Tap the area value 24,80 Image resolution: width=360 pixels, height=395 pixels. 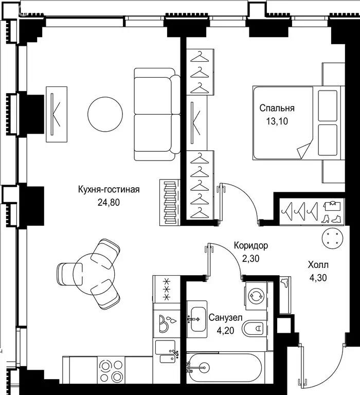click(x=109, y=202)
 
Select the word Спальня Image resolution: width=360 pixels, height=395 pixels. click(x=277, y=109)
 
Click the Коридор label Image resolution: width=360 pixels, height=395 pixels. click(x=250, y=246)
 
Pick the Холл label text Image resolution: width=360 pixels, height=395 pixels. click(x=318, y=265)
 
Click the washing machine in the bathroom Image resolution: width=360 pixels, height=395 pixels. click(x=256, y=296)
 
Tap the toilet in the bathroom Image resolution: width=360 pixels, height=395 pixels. click(x=255, y=328)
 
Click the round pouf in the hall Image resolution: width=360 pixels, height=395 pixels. click(x=331, y=238)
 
